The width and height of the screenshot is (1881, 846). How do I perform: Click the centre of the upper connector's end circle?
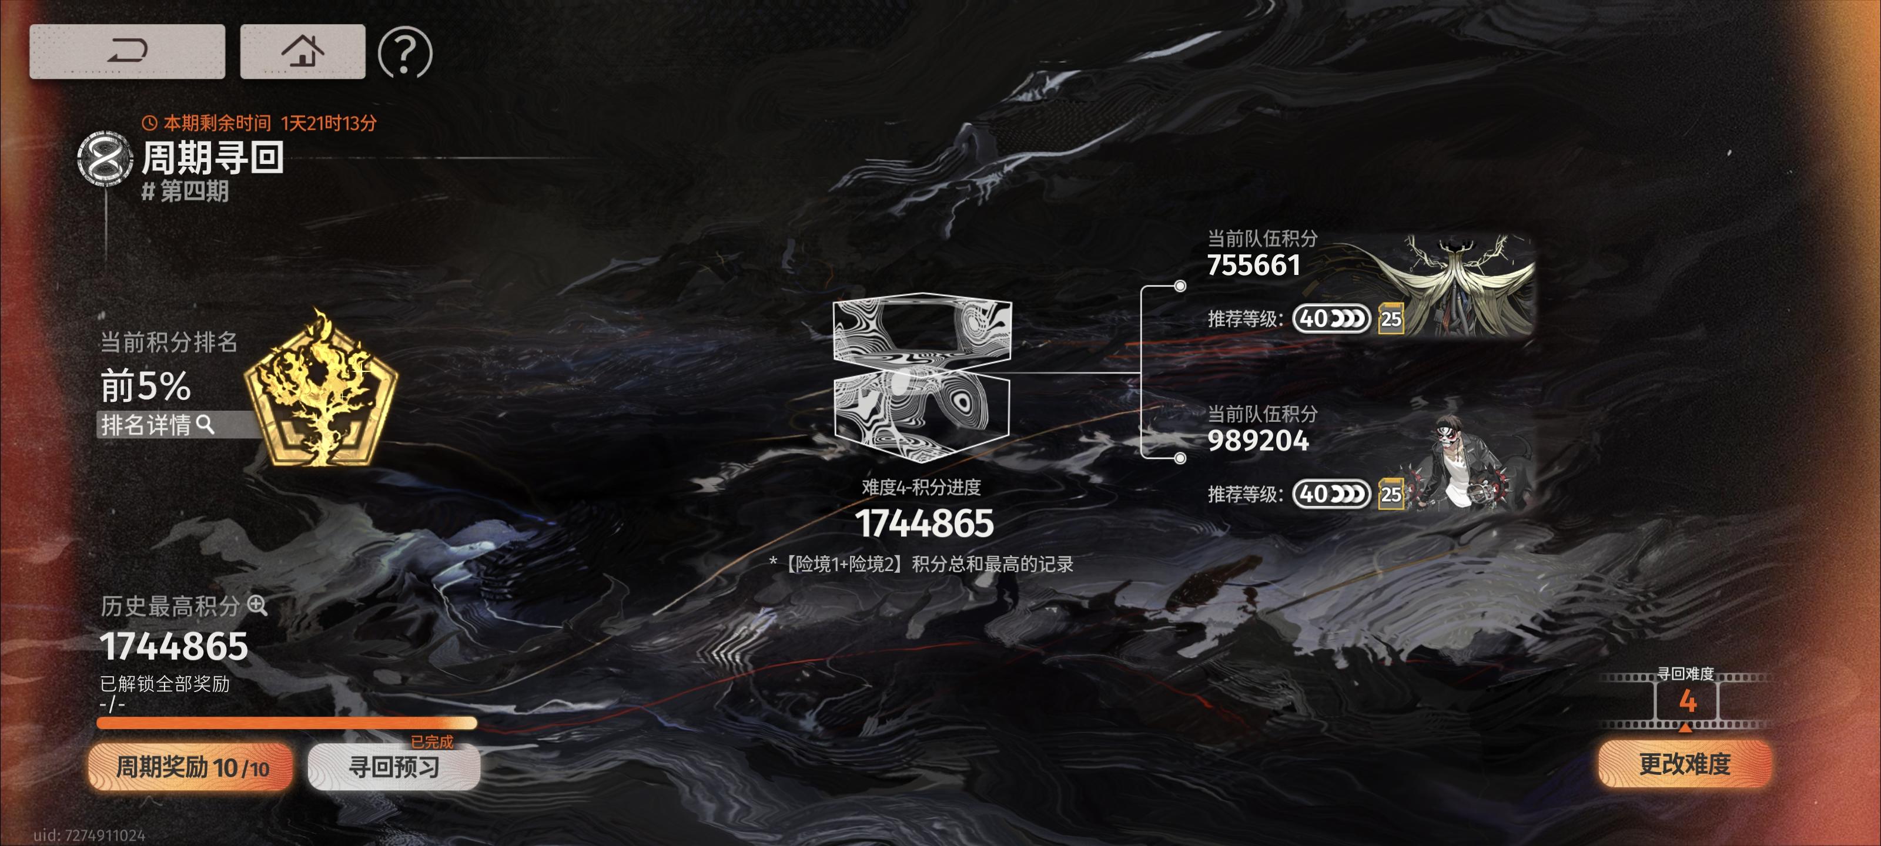[1180, 286]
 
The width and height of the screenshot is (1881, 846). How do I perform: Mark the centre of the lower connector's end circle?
[1180, 458]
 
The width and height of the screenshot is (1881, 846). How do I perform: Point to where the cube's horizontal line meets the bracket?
[1142, 373]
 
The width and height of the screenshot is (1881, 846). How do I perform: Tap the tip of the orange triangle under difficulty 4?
[1685, 723]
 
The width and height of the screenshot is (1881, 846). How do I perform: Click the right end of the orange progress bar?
[476, 723]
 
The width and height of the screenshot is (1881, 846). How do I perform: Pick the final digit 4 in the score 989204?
[1300, 440]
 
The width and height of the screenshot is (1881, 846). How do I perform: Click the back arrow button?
[127, 51]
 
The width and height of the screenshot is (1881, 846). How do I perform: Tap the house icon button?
[302, 51]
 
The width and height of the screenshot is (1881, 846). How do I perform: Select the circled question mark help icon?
[405, 52]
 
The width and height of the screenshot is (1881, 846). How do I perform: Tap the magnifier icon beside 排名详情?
[205, 424]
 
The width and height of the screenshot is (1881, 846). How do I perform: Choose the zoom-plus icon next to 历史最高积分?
[257, 605]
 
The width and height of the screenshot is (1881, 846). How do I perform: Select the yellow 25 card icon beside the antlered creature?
[1391, 319]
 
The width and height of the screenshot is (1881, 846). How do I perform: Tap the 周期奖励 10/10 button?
[190, 767]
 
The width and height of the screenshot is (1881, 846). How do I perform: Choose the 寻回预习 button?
[394, 767]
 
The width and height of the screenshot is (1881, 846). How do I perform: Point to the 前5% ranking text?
[145, 385]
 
